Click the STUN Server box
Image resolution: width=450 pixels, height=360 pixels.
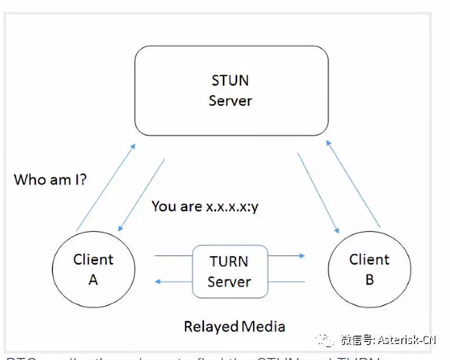pyautogui.click(x=231, y=91)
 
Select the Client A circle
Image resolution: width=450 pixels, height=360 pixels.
pyautogui.click(x=94, y=269)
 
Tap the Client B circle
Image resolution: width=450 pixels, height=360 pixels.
pyautogui.click(x=370, y=269)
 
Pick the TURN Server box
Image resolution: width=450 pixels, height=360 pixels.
pyautogui.click(x=229, y=271)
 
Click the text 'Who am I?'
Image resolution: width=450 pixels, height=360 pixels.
pyautogui.click(x=50, y=179)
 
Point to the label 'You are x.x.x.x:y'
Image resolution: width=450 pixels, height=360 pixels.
pyautogui.click(x=205, y=206)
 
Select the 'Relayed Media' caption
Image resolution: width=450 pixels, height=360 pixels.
pyautogui.click(x=235, y=326)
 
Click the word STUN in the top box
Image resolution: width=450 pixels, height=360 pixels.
pyautogui.click(x=230, y=80)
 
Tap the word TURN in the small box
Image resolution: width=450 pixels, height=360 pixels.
pyautogui.click(x=229, y=262)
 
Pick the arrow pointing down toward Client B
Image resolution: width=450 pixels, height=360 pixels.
pyautogui.click(x=318, y=193)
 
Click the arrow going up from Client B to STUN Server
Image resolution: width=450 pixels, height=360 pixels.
pyautogui.click(x=353, y=183)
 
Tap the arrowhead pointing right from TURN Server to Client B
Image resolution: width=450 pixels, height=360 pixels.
pyautogui.click(x=302, y=256)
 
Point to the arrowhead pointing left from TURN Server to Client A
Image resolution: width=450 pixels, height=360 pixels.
pyautogui.click(x=158, y=282)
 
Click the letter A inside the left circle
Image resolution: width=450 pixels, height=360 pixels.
pyautogui.click(x=93, y=280)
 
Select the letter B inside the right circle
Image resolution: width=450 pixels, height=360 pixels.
pyautogui.click(x=370, y=280)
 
